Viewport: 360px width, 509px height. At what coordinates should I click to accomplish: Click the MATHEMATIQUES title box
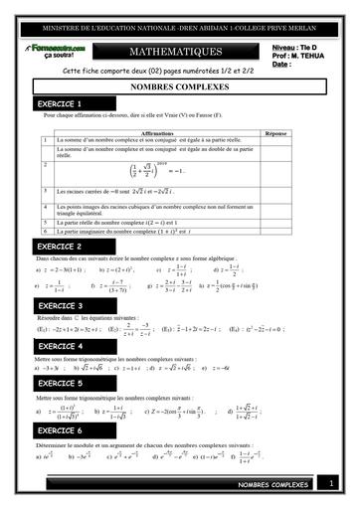(179, 51)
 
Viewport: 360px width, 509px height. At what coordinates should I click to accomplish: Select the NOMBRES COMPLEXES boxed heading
(179, 87)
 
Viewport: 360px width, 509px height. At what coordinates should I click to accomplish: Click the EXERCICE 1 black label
(59, 103)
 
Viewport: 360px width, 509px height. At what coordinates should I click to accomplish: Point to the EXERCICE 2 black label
(59, 246)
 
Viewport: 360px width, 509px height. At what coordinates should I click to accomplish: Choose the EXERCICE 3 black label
(59, 305)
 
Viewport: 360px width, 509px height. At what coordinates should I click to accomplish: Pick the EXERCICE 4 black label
(59, 345)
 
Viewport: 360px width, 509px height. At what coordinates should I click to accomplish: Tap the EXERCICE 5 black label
(59, 383)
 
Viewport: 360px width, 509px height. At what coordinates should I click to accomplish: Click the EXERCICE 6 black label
(59, 430)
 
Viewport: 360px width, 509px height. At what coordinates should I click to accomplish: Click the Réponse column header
(277, 131)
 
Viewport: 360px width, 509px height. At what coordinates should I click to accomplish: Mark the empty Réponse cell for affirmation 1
(277, 140)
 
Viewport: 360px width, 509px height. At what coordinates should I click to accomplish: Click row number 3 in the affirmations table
(47, 190)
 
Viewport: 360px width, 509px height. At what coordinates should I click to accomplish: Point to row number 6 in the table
(47, 231)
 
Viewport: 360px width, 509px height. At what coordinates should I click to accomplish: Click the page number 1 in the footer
(329, 484)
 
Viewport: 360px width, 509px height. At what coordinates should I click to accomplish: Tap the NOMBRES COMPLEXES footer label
(272, 485)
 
